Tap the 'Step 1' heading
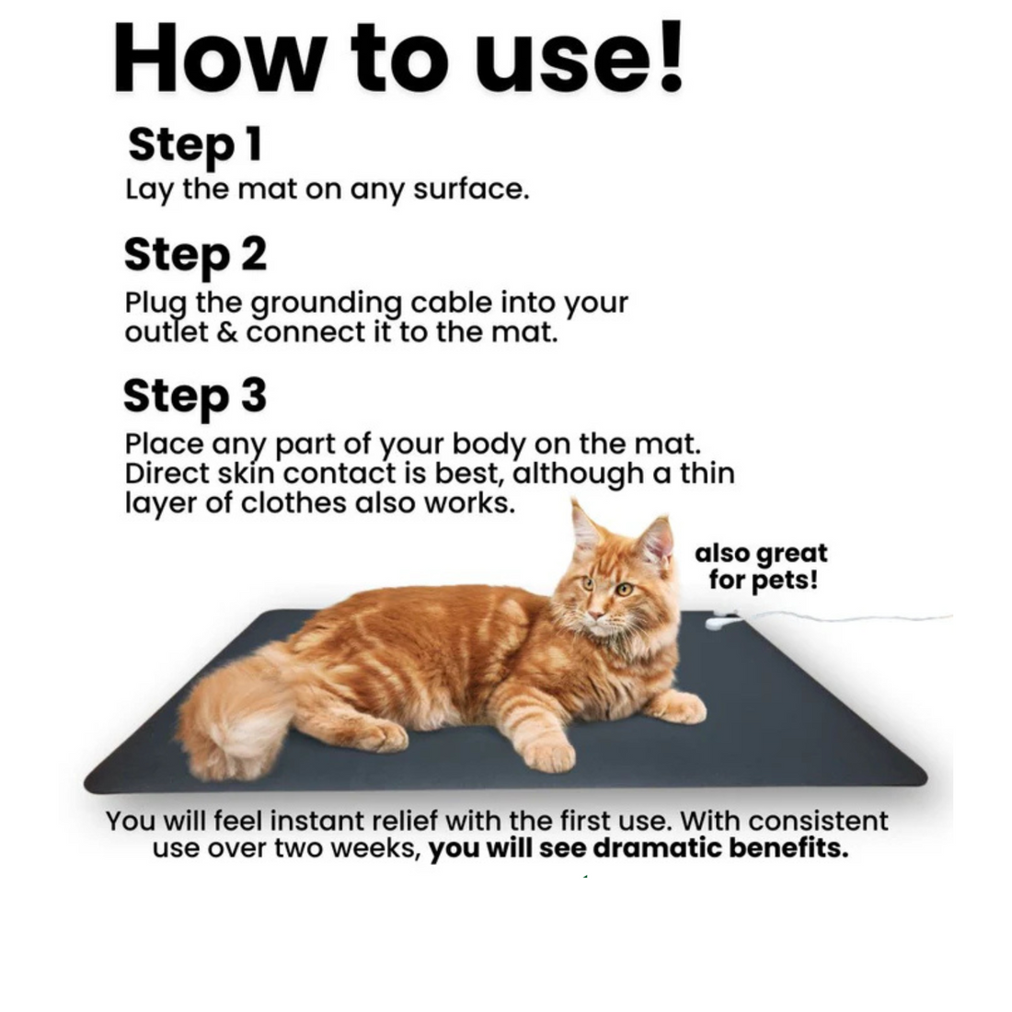click(195, 145)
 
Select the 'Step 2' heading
click(195, 256)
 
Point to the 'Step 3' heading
click(194, 397)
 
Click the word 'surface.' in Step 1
click(471, 190)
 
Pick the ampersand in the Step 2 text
click(226, 333)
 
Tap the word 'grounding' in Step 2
click(326, 305)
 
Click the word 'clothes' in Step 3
click(293, 503)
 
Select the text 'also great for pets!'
click(762, 567)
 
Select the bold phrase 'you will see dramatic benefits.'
click(638, 848)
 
